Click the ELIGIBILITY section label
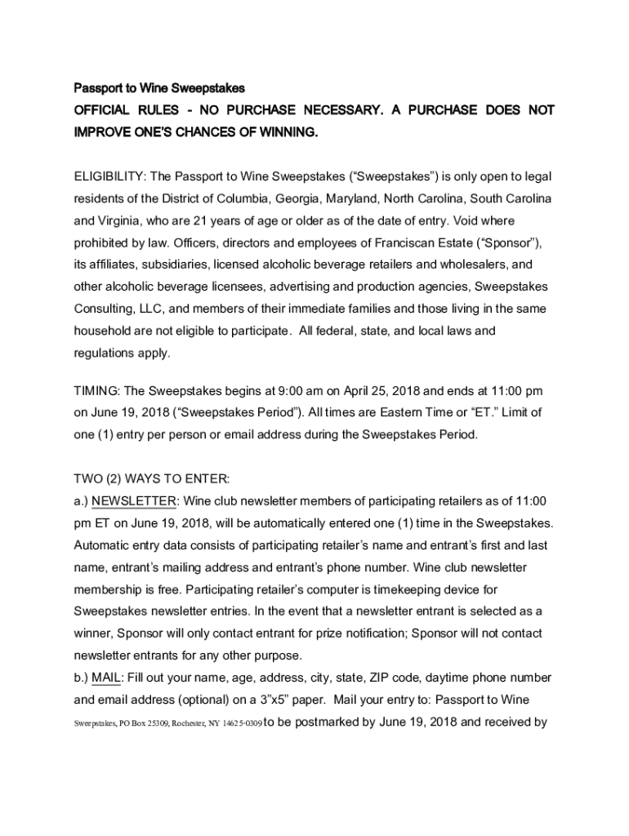[x=106, y=177]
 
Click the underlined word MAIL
[x=106, y=678]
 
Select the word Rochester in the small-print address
[x=182, y=723]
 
